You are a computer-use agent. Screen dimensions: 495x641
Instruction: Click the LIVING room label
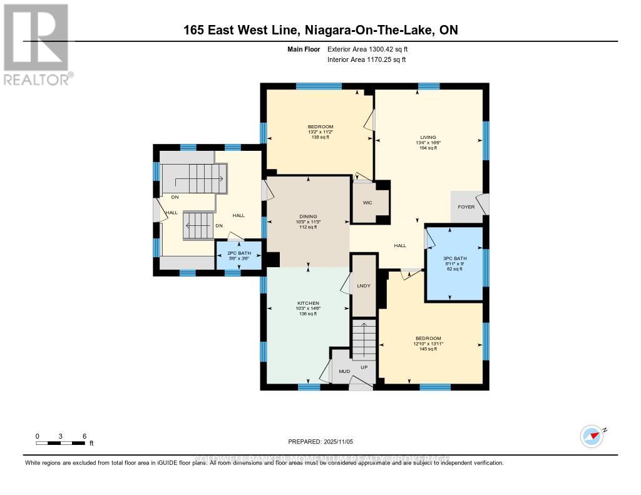(x=428, y=138)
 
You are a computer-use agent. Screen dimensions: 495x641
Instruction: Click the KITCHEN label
(x=307, y=303)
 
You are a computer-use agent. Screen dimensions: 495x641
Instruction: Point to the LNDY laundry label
(x=364, y=286)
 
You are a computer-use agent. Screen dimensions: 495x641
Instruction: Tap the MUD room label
(x=344, y=371)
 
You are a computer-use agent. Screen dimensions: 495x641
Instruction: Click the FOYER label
(x=466, y=207)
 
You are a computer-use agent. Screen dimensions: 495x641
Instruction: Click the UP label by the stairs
(x=364, y=367)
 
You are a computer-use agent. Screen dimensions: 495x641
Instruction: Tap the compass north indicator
(x=592, y=435)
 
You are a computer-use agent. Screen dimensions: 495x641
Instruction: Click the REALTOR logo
(x=37, y=44)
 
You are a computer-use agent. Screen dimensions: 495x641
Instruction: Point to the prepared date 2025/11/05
(x=320, y=442)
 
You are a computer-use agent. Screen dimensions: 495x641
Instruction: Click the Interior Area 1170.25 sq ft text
(x=367, y=60)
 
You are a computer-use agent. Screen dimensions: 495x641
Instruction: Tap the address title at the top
(x=320, y=30)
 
